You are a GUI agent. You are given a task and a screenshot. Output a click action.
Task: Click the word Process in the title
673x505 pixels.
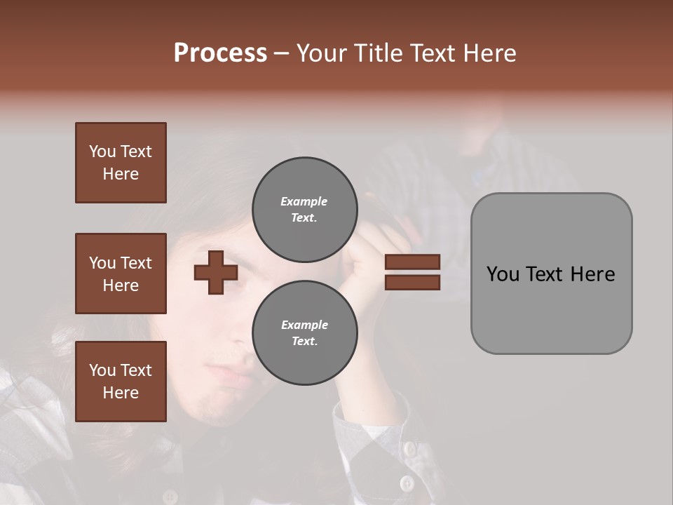[220, 53]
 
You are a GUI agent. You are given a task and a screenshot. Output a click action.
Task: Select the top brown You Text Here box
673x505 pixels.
[121, 163]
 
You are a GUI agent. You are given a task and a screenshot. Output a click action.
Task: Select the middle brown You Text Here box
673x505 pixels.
[121, 274]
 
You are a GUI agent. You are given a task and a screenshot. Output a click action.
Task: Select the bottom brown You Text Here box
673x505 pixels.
[121, 382]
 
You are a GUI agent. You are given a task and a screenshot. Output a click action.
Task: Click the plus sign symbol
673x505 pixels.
[216, 273]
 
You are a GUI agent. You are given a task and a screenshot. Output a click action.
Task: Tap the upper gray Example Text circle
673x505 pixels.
[305, 209]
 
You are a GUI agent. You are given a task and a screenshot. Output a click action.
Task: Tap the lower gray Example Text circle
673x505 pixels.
[305, 332]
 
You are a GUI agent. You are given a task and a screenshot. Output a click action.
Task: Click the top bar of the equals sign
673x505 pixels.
[412, 262]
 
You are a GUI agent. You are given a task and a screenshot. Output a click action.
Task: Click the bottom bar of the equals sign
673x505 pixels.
[412, 282]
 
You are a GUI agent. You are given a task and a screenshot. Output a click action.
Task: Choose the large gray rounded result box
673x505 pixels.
[551, 274]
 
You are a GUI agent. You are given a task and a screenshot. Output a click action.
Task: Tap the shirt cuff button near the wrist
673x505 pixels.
[407, 447]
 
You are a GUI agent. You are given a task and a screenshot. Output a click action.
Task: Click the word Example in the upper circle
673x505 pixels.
[304, 201]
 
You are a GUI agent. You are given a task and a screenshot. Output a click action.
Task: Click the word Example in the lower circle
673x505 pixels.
[304, 325]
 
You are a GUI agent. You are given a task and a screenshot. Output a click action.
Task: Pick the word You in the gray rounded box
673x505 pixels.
[503, 274]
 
